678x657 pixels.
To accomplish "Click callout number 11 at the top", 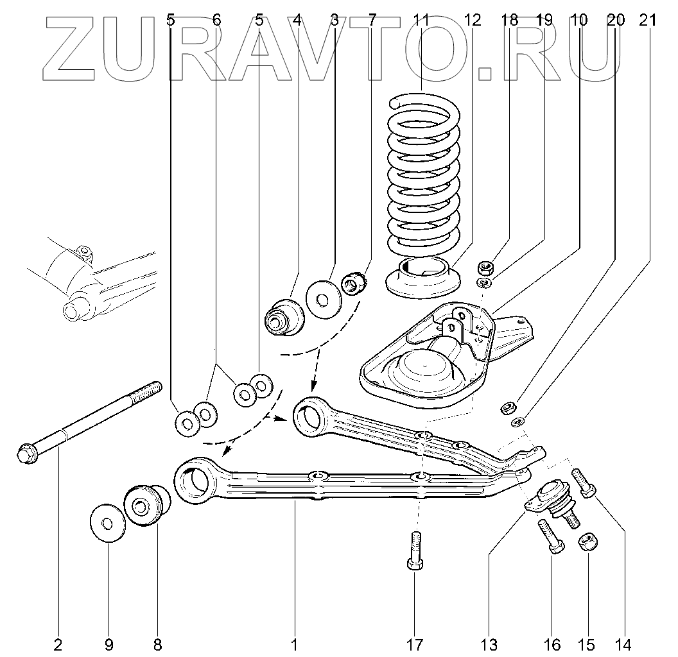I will tap(421, 20).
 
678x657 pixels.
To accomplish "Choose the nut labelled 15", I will tap(587, 542).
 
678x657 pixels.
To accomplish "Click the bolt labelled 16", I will tap(550, 536).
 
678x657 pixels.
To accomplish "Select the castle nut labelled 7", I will tap(353, 282).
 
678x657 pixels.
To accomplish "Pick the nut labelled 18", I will tap(485, 266).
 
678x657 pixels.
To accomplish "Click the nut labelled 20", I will tap(509, 407).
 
